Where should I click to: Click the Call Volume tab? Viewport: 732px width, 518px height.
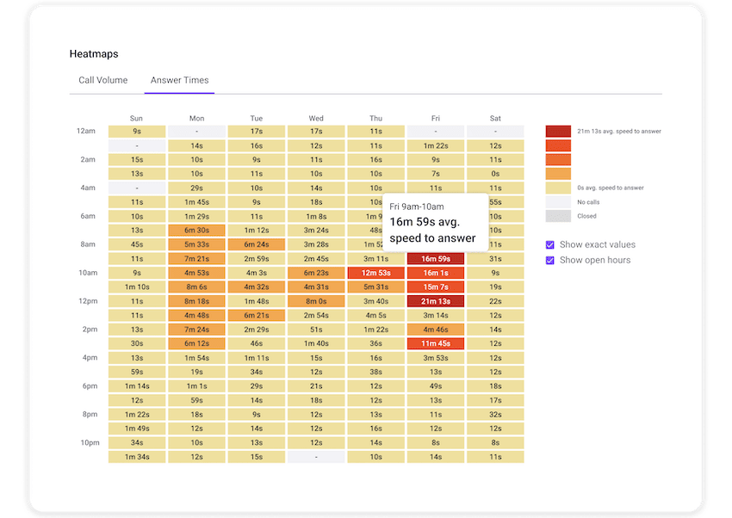click(103, 80)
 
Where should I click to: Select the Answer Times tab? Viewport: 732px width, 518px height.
click(179, 80)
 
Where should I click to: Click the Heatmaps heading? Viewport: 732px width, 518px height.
click(94, 54)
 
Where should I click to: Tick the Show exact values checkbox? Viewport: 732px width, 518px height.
click(550, 245)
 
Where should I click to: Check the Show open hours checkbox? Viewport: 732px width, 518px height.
click(550, 260)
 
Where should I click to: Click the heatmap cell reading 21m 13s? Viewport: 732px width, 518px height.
click(436, 301)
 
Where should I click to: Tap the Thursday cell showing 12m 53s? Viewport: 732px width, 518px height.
click(375, 273)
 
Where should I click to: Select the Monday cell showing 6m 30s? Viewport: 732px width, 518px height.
click(196, 231)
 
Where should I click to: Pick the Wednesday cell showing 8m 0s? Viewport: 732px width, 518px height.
click(316, 301)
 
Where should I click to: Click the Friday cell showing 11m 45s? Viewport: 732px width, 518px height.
click(436, 343)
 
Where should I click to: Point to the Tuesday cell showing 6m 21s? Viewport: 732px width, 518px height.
click(257, 315)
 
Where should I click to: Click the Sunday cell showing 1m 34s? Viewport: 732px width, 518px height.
click(137, 456)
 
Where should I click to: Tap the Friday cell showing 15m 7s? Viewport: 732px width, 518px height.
click(436, 287)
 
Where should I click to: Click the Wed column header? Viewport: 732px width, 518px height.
click(316, 118)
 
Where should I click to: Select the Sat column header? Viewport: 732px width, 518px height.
click(495, 118)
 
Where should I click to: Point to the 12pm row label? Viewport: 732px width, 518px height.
click(86, 300)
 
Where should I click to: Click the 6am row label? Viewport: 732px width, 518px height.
click(88, 216)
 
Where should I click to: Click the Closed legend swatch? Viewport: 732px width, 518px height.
click(558, 216)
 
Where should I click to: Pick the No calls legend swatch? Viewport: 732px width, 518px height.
click(558, 202)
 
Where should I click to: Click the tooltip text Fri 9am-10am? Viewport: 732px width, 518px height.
click(417, 207)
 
